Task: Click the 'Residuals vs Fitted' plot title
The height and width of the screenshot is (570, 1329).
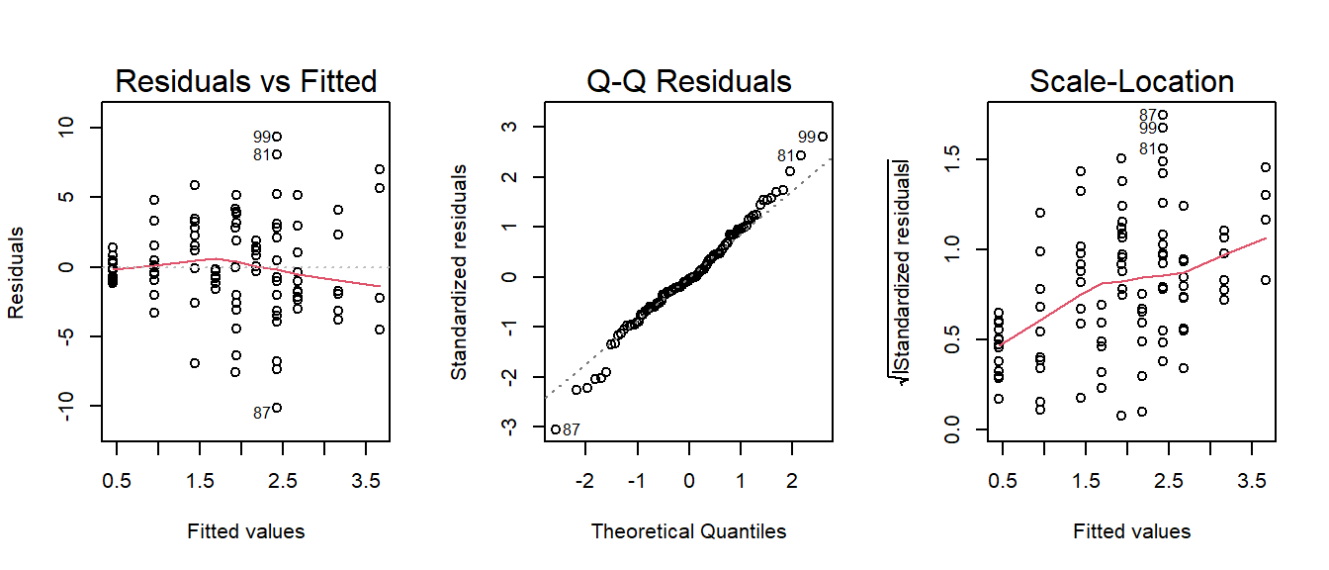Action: pos(246,81)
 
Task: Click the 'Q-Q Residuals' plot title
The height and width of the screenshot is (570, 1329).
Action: pos(689,81)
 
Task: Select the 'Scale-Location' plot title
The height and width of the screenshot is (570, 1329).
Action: pos(1131,81)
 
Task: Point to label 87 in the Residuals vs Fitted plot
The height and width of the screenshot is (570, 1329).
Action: pos(261,414)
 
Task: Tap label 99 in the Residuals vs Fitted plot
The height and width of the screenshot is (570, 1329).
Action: pos(261,137)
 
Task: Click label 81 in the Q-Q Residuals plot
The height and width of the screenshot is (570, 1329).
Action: pos(786,155)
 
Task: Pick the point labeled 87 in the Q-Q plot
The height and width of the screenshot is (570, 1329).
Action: pos(556,429)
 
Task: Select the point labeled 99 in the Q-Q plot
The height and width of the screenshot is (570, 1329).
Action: pos(822,137)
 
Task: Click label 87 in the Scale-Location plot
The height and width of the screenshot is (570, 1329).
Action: pos(1148,116)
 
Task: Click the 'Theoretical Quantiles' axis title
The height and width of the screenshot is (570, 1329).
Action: pos(689,531)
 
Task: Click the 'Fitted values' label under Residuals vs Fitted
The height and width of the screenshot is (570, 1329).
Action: pos(246,531)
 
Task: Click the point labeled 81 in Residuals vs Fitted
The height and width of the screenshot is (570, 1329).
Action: pos(277,154)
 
